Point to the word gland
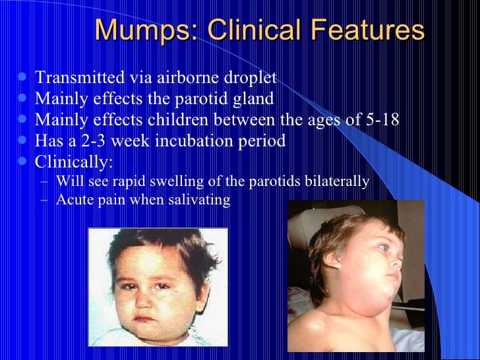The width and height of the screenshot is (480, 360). [x=253, y=100]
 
